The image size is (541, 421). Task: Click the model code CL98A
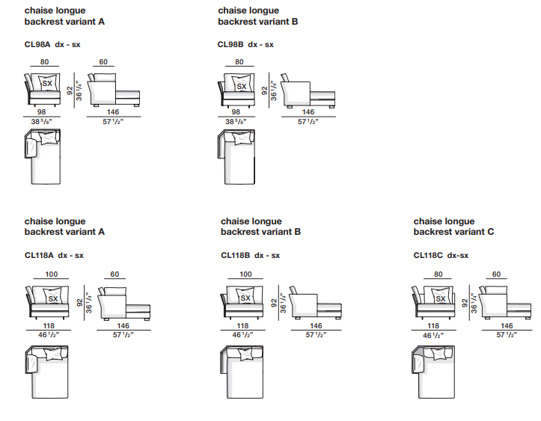(38, 44)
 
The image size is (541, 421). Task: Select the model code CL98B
(231, 44)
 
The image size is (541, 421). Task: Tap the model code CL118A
(40, 255)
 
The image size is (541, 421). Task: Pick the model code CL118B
(236, 255)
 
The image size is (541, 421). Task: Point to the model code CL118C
(428, 255)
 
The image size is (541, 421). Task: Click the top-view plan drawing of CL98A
(43, 156)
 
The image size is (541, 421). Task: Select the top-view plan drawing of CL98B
(236, 156)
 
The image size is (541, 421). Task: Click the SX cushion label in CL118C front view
(440, 299)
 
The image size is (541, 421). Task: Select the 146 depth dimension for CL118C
(507, 326)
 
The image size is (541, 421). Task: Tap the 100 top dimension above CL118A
(51, 274)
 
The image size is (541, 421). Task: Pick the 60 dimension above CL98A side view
(103, 62)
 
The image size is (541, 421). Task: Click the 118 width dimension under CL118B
(242, 326)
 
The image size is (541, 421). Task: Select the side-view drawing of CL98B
(307, 90)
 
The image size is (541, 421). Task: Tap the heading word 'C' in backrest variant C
(491, 232)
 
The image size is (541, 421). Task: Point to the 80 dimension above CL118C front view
(438, 274)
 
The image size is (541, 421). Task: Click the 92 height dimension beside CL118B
(274, 304)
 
